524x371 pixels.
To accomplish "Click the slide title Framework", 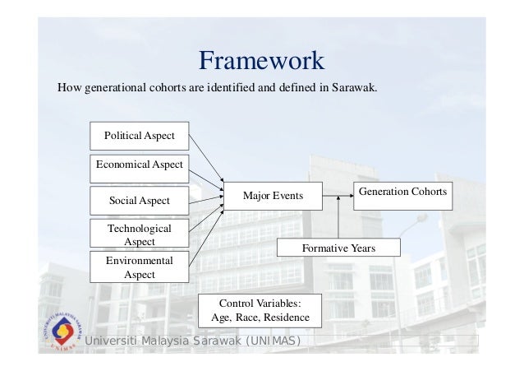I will tap(262, 61).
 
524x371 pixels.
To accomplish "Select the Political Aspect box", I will tap(139, 136).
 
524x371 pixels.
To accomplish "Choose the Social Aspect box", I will tap(139, 200).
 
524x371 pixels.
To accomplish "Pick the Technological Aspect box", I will tap(139, 234).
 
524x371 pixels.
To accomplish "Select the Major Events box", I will tap(273, 196).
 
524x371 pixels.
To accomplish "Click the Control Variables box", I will tap(260, 309).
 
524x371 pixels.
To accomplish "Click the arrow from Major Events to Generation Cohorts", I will tap(337, 196).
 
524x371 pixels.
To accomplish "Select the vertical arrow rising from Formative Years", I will tap(338, 217).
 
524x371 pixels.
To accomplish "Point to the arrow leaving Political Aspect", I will tap(205, 160).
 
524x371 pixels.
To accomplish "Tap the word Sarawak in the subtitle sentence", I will tap(354, 86).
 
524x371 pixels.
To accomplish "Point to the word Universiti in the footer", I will tap(116, 341).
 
